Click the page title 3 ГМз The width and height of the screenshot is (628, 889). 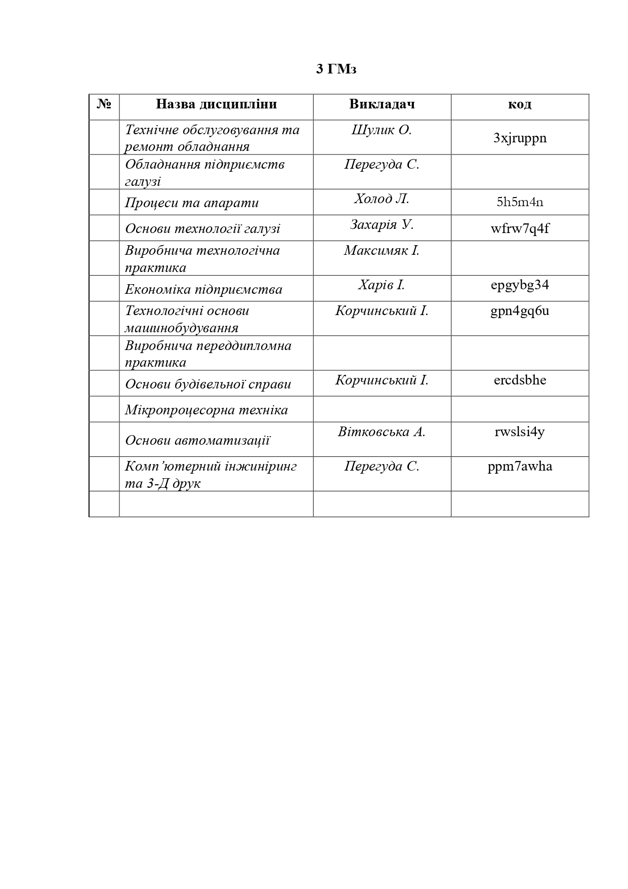pos(336,69)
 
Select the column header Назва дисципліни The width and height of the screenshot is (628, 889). pos(216,104)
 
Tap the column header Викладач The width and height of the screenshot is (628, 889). pos(382,104)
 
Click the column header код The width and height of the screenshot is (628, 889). pos(519,104)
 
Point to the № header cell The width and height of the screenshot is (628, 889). pos(104,104)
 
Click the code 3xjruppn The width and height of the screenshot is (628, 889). pos(520,138)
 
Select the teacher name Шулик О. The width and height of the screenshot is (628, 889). pos(382,130)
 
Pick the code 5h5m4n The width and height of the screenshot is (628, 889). pos(520,202)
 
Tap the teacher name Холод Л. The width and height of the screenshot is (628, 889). pos(382,199)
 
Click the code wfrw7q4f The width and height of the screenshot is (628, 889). pos(520,228)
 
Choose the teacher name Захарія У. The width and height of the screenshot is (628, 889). pos(382,224)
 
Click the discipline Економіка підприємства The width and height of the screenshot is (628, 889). pos(203,289)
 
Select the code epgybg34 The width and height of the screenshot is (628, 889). pos(520,285)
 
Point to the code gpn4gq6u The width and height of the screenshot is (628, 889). pos(520,311)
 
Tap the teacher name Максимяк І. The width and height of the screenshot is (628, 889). pos(382,250)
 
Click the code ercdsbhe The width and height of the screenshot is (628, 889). pos(520,380)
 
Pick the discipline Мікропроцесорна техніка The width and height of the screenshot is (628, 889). pos(206,410)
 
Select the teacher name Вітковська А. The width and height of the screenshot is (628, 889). pos(382,432)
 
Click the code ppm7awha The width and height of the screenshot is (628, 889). pos(520,466)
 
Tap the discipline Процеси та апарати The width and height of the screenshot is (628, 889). pos(192,203)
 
